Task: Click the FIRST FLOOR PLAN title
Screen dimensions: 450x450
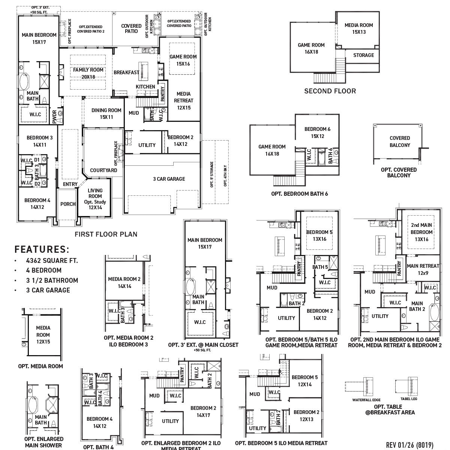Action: [x=106, y=234]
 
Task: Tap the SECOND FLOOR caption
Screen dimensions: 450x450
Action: [x=330, y=91]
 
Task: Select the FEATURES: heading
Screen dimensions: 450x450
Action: [x=42, y=249]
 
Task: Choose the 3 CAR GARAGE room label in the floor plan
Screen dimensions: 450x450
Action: [x=169, y=179]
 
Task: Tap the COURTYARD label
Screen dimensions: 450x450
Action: [x=103, y=170]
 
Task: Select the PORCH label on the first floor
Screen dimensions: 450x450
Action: [x=68, y=204]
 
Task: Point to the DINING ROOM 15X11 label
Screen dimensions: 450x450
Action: [x=106, y=114]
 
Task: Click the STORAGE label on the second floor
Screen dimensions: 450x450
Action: [x=363, y=55]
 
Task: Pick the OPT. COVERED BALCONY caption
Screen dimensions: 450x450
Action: [x=399, y=172]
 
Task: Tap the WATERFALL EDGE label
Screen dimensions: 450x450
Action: [x=366, y=400]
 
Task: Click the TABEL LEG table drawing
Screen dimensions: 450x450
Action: [x=406, y=386]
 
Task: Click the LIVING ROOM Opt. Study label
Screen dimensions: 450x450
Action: [x=95, y=199]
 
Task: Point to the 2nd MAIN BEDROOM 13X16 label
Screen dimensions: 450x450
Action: [x=421, y=232]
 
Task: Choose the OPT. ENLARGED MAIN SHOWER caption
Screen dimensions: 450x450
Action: [x=43, y=442]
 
